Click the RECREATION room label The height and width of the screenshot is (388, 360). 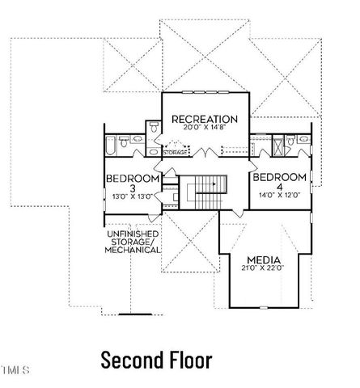point(204,120)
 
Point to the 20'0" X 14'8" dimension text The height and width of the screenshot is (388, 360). point(204,129)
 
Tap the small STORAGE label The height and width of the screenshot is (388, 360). point(176,152)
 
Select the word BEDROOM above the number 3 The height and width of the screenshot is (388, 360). point(133,179)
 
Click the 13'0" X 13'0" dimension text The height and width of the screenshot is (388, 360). point(132,196)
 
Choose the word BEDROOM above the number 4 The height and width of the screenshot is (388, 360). point(279,177)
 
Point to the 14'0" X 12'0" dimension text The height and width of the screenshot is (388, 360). point(279,195)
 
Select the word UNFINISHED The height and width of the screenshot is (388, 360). point(133,234)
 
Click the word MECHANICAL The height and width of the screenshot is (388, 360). point(133,251)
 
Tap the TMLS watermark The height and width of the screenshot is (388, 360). point(15,371)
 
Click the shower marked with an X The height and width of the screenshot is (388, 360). point(289,145)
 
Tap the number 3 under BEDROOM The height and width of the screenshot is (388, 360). point(133,188)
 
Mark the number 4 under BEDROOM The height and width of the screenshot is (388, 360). point(279,186)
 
